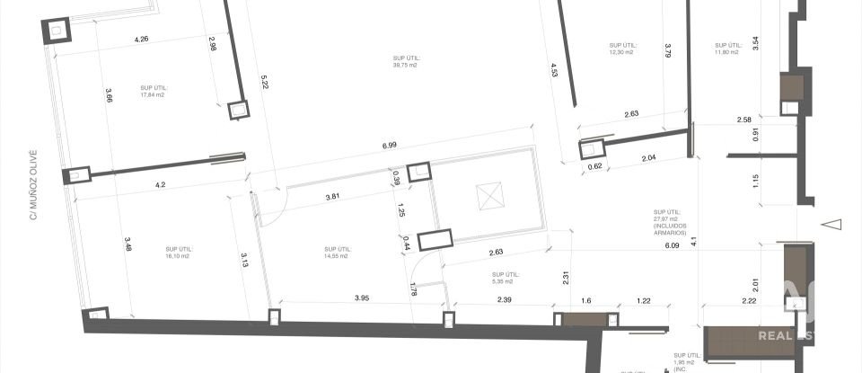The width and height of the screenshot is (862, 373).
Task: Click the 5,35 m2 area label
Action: [506, 277]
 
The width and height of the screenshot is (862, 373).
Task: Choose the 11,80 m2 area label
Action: [726, 49]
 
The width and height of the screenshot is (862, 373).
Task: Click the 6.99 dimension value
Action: [389, 145]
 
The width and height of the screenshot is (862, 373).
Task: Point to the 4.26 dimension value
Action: [141, 39]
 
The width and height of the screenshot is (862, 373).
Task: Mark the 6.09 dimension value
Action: [672, 244]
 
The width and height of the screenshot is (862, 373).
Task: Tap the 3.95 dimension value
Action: [362, 298]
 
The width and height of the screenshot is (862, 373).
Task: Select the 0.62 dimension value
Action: [594, 166]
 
